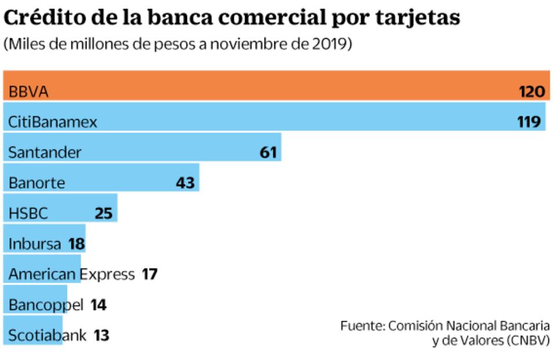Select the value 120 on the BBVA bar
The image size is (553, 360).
pos(532,92)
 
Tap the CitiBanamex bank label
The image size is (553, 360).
pos(53,122)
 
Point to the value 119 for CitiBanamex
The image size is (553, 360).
pos(529,122)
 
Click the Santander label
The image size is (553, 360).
pos(45,153)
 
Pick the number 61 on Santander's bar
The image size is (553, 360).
pos(268,153)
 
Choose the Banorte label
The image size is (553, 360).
pos(37,183)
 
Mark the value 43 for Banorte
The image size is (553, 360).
pos(185,183)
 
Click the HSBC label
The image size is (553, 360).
pos(28,213)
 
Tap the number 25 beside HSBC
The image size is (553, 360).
pos(103,213)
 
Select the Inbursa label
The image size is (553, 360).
pos(35,244)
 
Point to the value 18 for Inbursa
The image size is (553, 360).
pos(76,244)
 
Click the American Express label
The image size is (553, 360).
pos(71,274)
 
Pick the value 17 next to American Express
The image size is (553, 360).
pos(150,274)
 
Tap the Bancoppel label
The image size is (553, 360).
pos(46,305)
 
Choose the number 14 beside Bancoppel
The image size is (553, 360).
pos(99,305)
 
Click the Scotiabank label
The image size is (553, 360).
pos(48,335)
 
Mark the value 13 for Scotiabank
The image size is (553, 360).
pos(101,335)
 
